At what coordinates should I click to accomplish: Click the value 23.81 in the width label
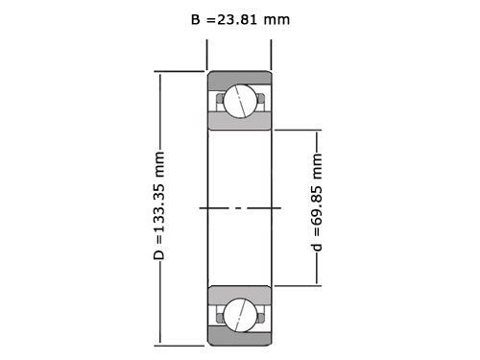(x=237, y=20)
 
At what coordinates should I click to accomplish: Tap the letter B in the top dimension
(x=196, y=20)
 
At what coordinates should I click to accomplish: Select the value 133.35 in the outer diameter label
(x=158, y=207)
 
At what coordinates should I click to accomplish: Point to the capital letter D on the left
(x=158, y=254)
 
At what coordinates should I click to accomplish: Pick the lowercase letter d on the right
(x=317, y=247)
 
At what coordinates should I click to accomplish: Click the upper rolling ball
(x=240, y=102)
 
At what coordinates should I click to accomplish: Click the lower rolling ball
(x=240, y=315)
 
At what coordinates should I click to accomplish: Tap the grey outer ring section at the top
(x=239, y=80)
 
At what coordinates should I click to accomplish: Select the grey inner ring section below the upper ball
(x=239, y=122)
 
